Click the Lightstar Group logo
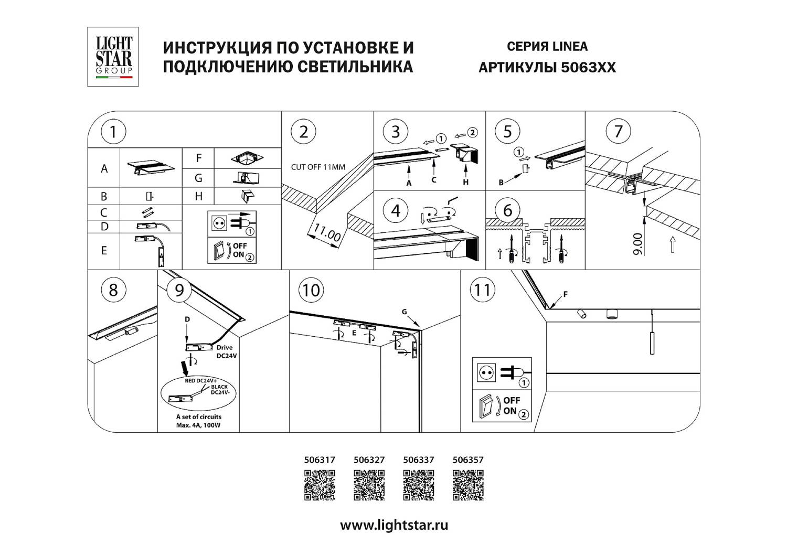coord(113,57)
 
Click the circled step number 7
coord(618,131)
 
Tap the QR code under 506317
coord(320,485)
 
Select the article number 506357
coord(468,460)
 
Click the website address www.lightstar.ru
coord(394,525)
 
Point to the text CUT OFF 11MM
coord(318,167)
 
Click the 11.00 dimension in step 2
coord(327,232)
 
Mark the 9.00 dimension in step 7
coord(637,244)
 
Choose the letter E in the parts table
coord(104,251)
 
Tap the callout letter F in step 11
coord(565,294)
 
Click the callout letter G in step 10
coord(404,312)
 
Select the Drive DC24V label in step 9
coord(226,351)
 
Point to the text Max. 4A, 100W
coord(198,425)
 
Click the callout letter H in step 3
coord(465,183)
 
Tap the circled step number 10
coord(311,290)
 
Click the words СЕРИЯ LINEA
coord(547,47)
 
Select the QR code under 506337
coord(419,485)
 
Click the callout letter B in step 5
coord(501,183)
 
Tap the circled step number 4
coord(395,210)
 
